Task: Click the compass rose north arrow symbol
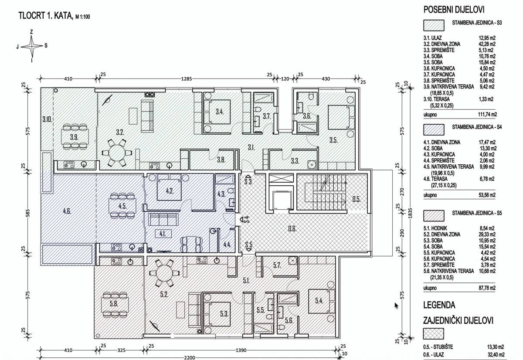click(x=32, y=46)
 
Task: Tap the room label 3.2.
click(x=120, y=132)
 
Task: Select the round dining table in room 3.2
click(x=116, y=153)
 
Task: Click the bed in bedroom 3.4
click(x=217, y=112)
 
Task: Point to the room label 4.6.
click(x=67, y=211)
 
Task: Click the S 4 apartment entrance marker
click(x=245, y=219)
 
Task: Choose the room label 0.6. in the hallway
click(x=292, y=228)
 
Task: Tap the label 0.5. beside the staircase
click(x=357, y=199)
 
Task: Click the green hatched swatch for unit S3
click(x=434, y=25)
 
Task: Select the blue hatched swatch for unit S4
click(x=434, y=129)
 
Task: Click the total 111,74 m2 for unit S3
click(x=488, y=114)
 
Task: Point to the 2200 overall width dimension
click(x=189, y=357)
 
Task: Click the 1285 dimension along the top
click(x=187, y=79)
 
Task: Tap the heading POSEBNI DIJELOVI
click(x=454, y=10)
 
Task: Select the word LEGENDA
click(x=439, y=305)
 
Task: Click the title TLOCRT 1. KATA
click(x=45, y=16)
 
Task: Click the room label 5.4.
click(x=319, y=301)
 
